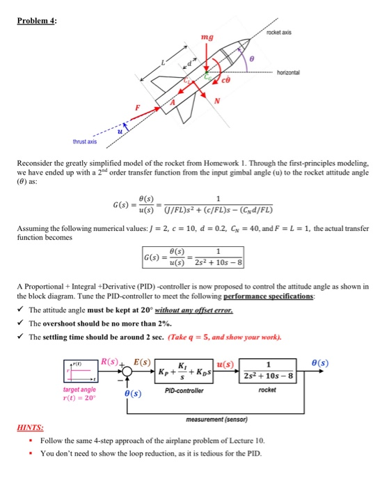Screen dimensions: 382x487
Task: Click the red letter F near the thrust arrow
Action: [x=137, y=108]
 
